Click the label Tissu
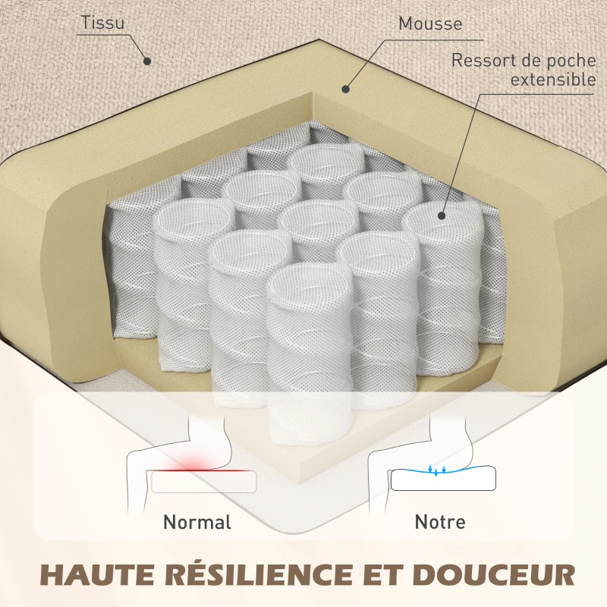(103, 23)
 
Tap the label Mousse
(430, 24)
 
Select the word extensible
(553, 80)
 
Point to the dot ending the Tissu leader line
(147, 61)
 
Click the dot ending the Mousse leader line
(346, 89)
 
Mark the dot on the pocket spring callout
(442, 216)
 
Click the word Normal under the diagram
(197, 522)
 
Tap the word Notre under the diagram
(440, 522)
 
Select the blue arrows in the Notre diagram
(437, 470)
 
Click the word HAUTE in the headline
(101, 574)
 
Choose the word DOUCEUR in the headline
(492, 574)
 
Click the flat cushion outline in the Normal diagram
(204, 482)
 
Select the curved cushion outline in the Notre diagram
(443, 479)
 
